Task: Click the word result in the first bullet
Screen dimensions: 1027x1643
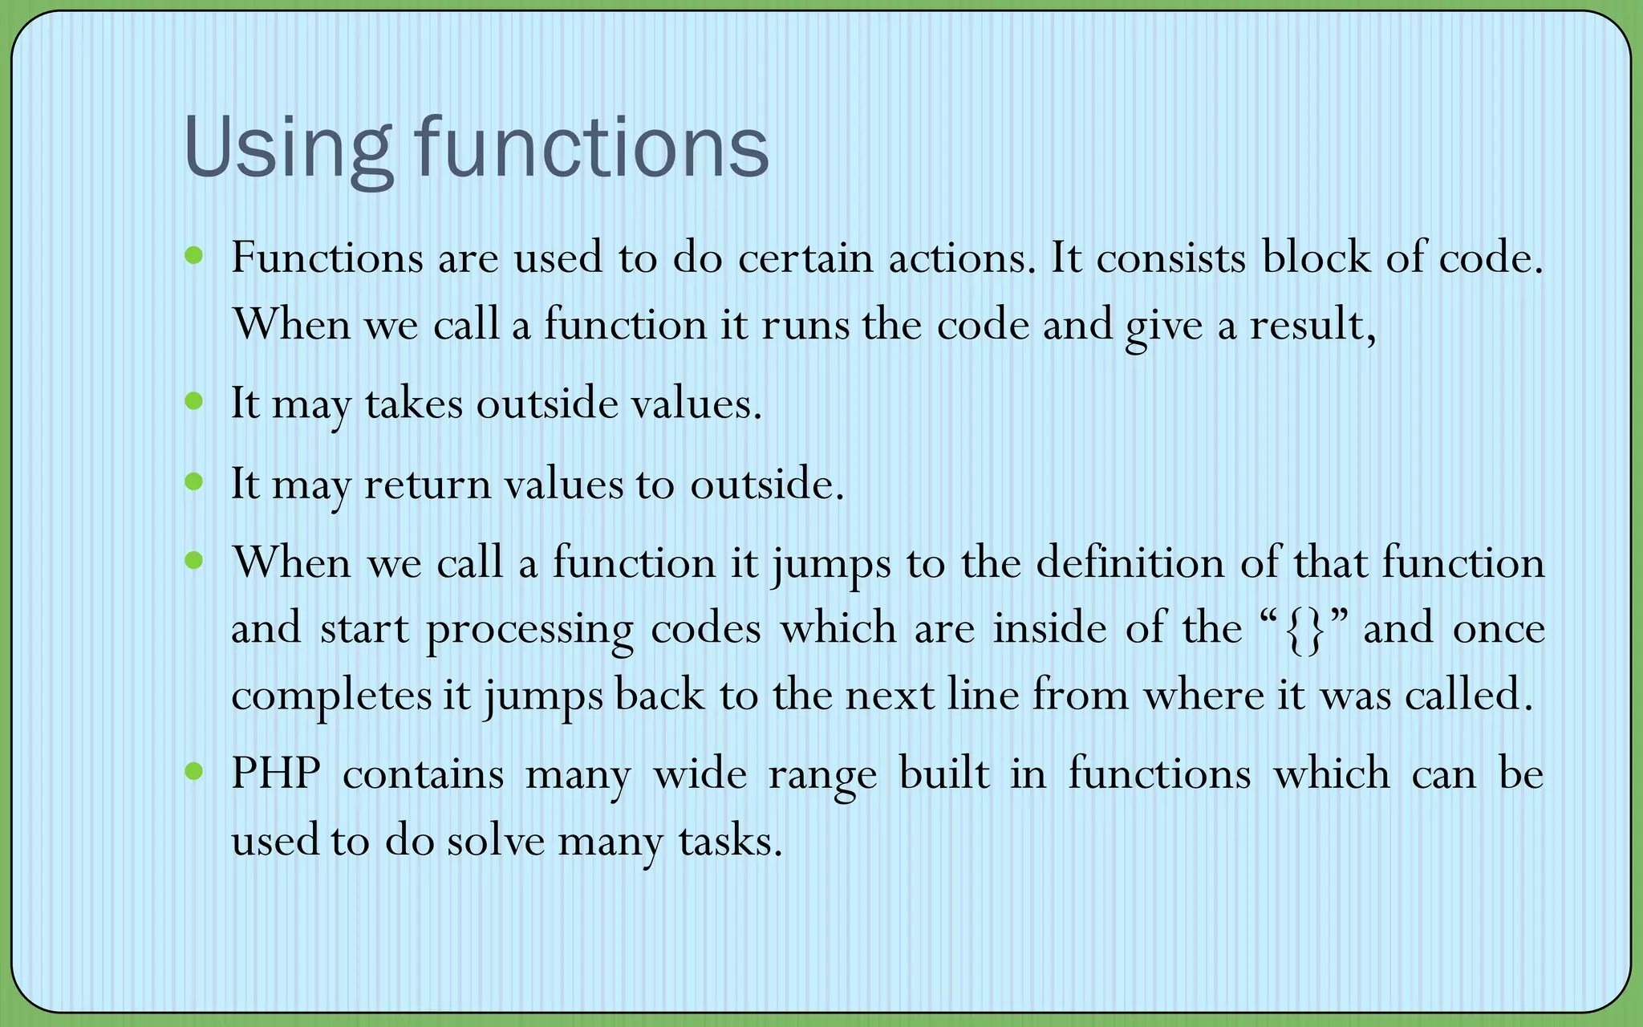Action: (x=1312, y=325)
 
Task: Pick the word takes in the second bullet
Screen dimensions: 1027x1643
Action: (x=414, y=404)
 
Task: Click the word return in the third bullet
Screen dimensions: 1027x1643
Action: (x=427, y=485)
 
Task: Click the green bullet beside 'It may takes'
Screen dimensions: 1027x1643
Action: (x=194, y=400)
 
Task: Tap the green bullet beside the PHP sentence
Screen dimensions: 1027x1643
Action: (x=194, y=772)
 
